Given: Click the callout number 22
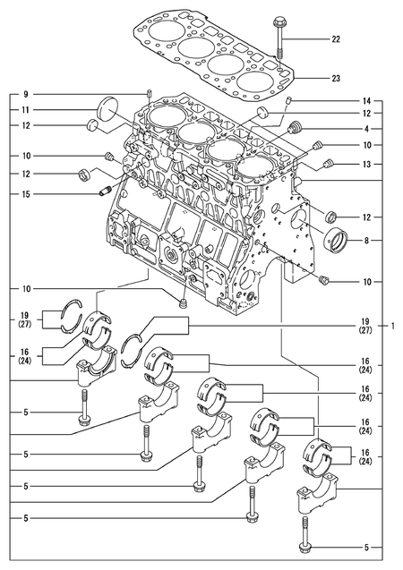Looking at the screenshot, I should pyautogui.click(x=336, y=40).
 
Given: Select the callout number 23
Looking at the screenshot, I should pyautogui.click(x=336, y=79).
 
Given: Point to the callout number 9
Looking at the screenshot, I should pyautogui.click(x=26, y=94).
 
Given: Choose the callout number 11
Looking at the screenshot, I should pyautogui.click(x=26, y=109).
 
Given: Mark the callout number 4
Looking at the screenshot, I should pyautogui.click(x=366, y=130).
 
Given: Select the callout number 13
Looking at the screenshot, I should pyautogui.click(x=366, y=164).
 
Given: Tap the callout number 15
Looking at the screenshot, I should pyautogui.click(x=26, y=194).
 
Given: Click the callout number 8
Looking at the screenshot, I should pyautogui.click(x=366, y=241).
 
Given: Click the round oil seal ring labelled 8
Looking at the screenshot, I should pyautogui.click(x=340, y=241).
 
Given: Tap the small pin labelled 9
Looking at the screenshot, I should pyautogui.click(x=151, y=94).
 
